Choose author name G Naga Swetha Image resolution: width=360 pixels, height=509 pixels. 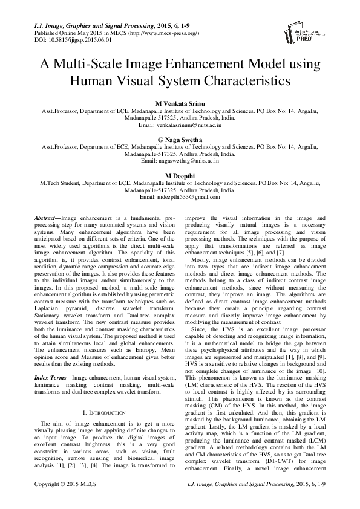tap(180, 138)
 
